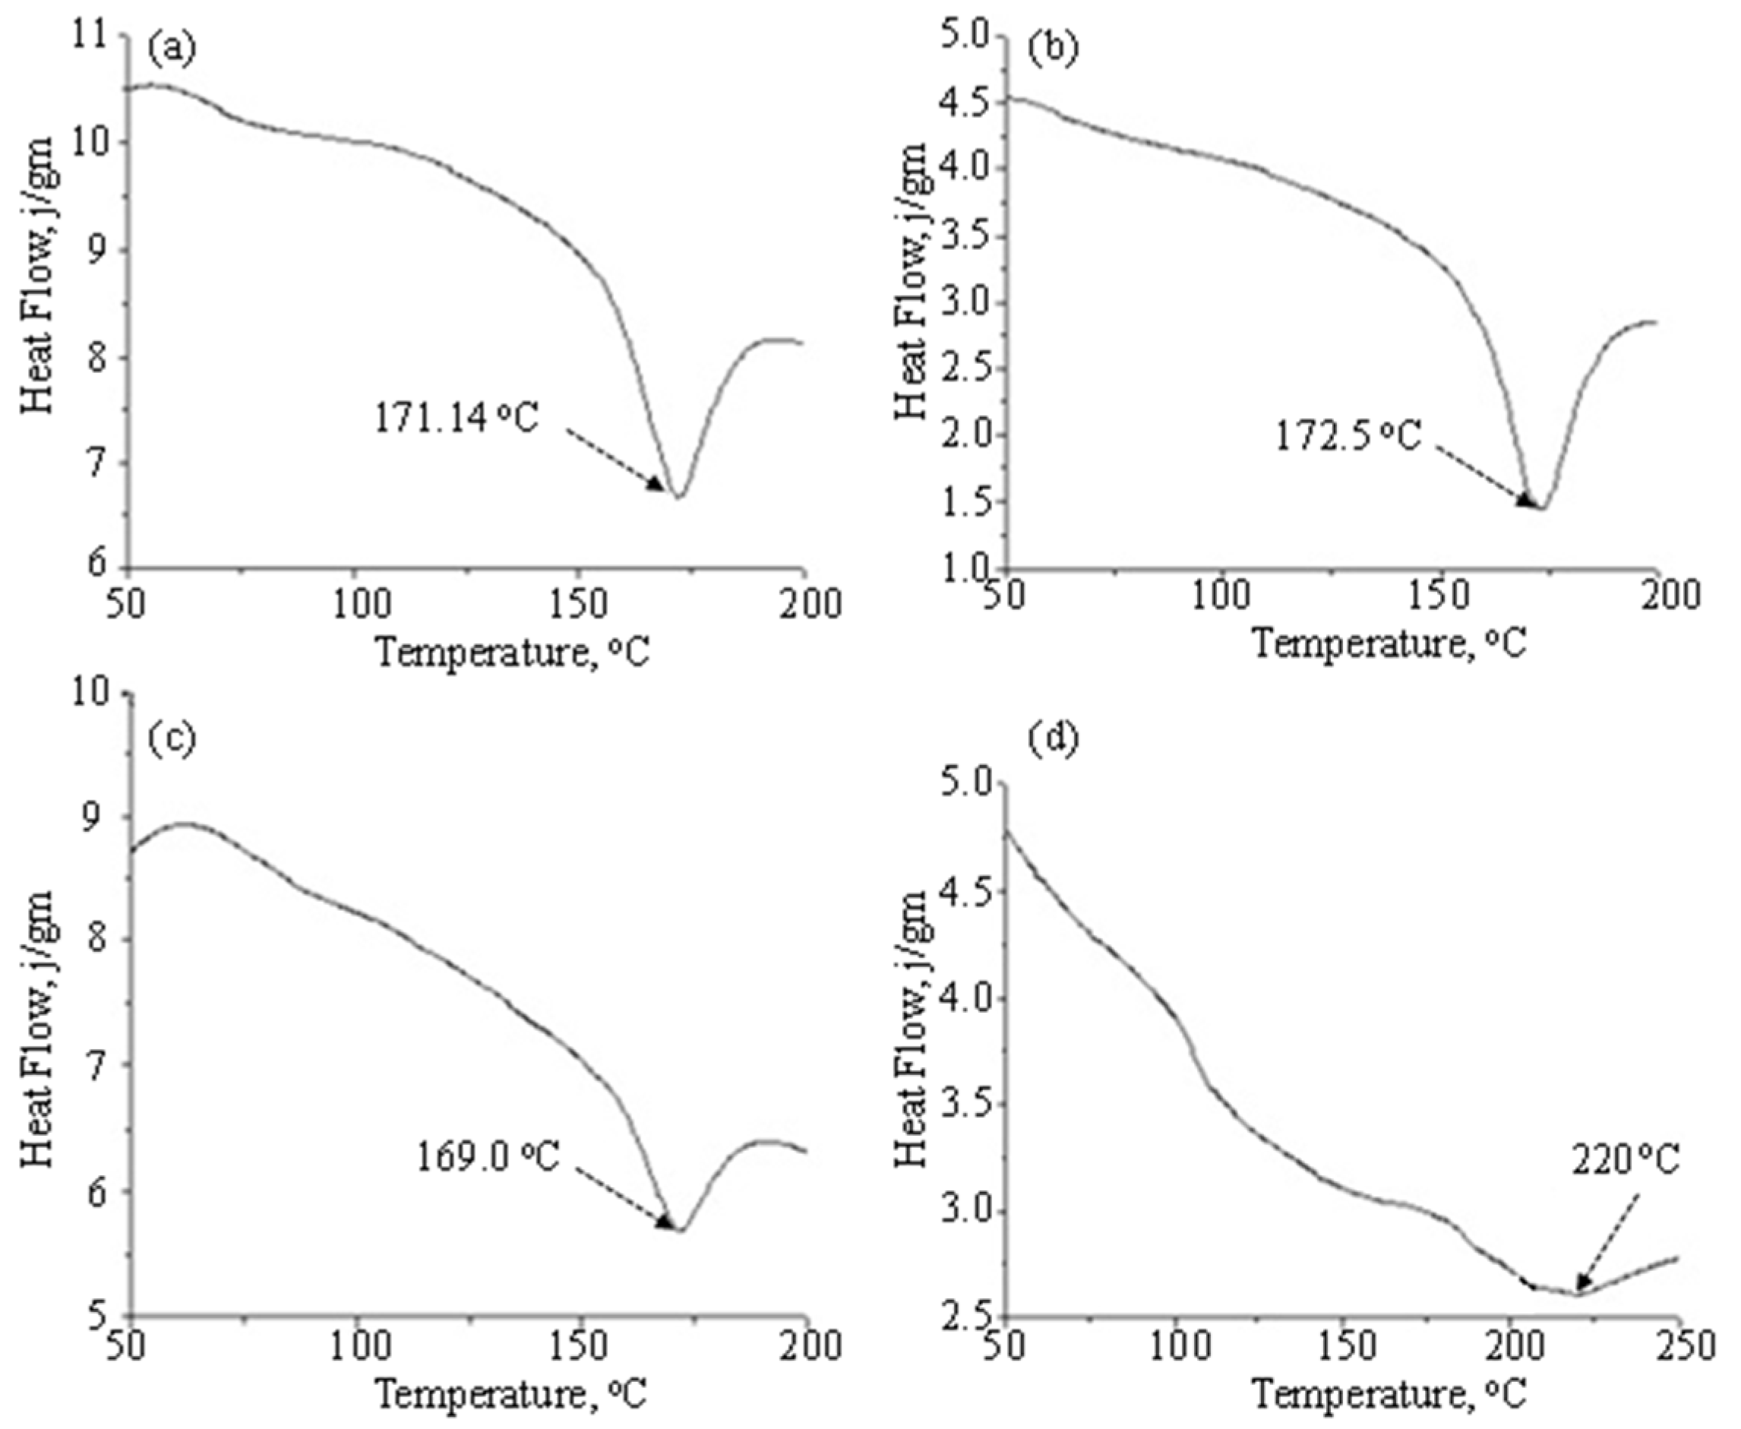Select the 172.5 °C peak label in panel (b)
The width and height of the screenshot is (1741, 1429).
[x=1348, y=436]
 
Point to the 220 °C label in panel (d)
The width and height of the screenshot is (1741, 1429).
[x=1624, y=1162]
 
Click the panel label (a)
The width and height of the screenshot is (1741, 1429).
[x=171, y=49]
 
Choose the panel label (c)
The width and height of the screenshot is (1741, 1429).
[x=171, y=738]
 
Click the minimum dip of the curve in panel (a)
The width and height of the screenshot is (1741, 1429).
[x=679, y=497]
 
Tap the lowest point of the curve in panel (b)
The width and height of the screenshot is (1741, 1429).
[x=1542, y=509]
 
